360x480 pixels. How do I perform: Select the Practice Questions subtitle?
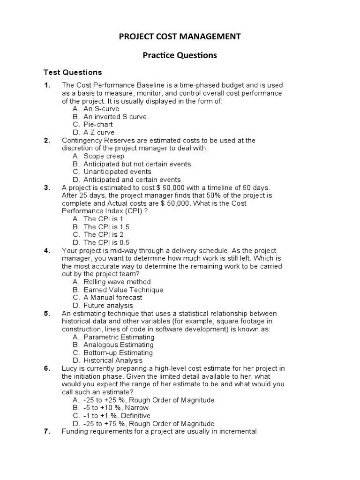[x=180, y=55]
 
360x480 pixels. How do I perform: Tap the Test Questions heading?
[x=73, y=72]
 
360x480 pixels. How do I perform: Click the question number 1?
[x=47, y=85]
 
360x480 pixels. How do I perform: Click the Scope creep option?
[x=104, y=156]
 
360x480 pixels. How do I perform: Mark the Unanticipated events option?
[x=117, y=172]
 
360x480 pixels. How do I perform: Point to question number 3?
[x=47, y=187]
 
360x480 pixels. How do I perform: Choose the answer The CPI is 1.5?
[x=106, y=227]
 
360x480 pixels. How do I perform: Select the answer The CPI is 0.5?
[x=106, y=243]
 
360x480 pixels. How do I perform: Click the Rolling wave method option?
[x=117, y=282]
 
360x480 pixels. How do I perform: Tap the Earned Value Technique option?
[x=123, y=290]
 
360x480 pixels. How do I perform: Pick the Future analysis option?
[x=108, y=306]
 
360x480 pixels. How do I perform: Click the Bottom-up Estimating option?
[x=118, y=352]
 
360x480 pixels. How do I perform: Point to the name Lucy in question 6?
[x=69, y=368]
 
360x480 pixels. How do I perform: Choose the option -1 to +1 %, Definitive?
[x=117, y=415]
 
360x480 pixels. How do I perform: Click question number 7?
[x=47, y=431]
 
